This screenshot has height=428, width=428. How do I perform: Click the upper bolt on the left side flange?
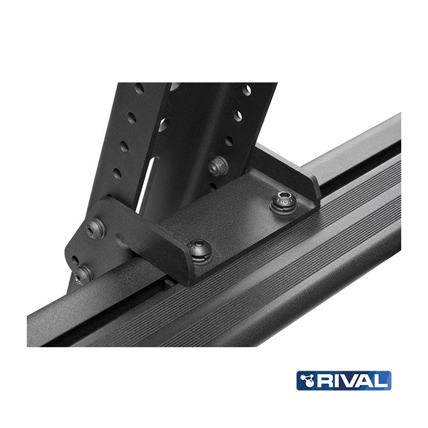tap(97, 227)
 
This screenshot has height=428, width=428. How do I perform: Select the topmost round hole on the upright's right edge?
tap(247, 89)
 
